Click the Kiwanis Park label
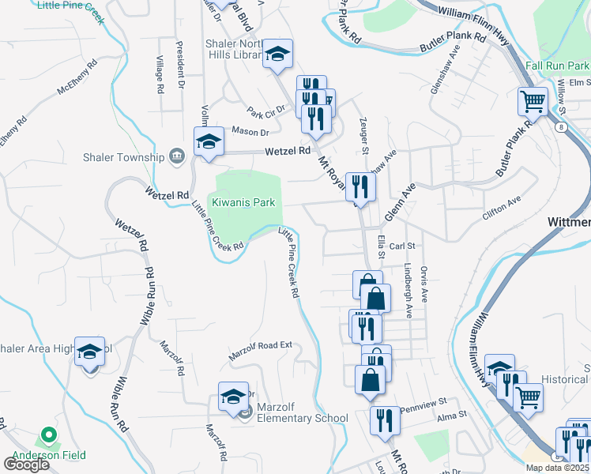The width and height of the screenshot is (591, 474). [x=243, y=203]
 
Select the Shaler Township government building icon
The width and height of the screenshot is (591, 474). [x=177, y=156]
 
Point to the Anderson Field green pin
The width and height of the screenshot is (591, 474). [x=47, y=435]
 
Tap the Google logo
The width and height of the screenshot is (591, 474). [x=26, y=465]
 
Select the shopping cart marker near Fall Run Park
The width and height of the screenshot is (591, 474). [x=533, y=102]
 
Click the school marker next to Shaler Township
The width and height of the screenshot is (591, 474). [x=209, y=142]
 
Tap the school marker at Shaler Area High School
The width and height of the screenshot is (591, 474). [x=90, y=352]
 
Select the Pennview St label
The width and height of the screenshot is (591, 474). [x=423, y=409]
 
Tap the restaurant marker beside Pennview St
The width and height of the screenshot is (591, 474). [x=386, y=419]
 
